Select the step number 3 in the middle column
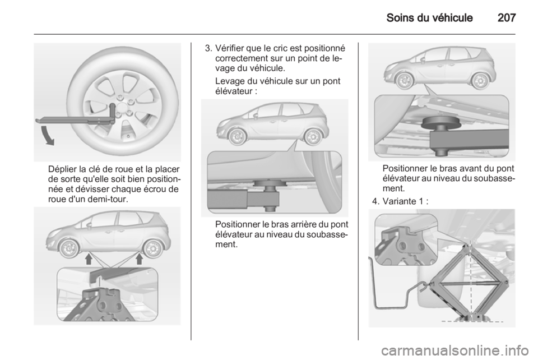tap(207, 49)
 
